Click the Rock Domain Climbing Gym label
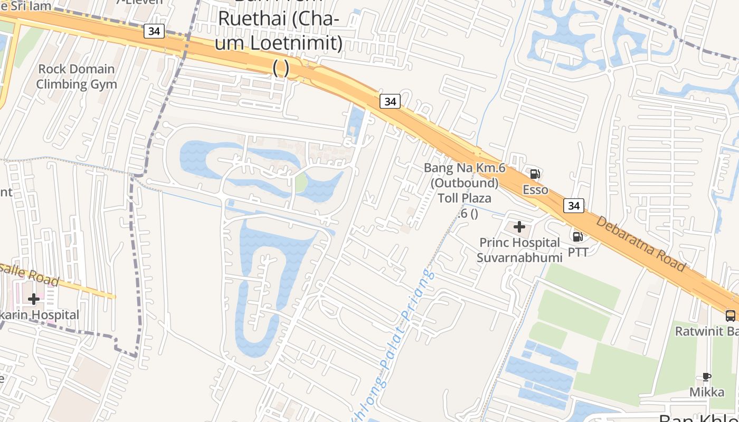(x=76, y=76)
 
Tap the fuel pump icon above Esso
(x=535, y=174)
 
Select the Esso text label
(x=535, y=190)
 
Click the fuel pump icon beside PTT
(x=578, y=236)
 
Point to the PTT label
(x=578, y=252)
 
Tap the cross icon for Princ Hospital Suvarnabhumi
(x=519, y=227)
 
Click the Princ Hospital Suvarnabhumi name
(x=519, y=250)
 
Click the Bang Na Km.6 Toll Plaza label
(x=465, y=183)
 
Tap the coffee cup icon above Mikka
(x=707, y=377)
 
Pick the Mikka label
(x=707, y=392)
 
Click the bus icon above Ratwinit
(x=731, y=315)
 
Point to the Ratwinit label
(x=707, y=331)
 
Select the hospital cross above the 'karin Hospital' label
(x=34, y=299)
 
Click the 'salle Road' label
(x=29, y=273)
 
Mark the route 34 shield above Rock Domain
(x=154, y=31)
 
